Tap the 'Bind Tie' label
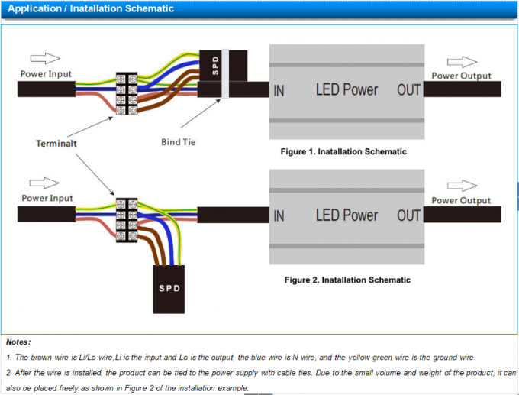click(179, 142)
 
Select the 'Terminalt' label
click(57, 143)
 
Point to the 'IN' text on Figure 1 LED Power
click(279, 90)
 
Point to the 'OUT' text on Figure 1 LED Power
click(408, 90)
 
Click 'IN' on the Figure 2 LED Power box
click(279, 216)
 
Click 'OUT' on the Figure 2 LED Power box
click(408, 216)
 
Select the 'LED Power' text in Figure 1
click(347, 90)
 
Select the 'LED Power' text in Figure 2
click(347, 216)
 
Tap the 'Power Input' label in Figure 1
click(47, 74)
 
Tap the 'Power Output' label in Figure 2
click(461, 200)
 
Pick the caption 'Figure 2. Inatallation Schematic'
click(347, 280)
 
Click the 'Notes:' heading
click(19, 342)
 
